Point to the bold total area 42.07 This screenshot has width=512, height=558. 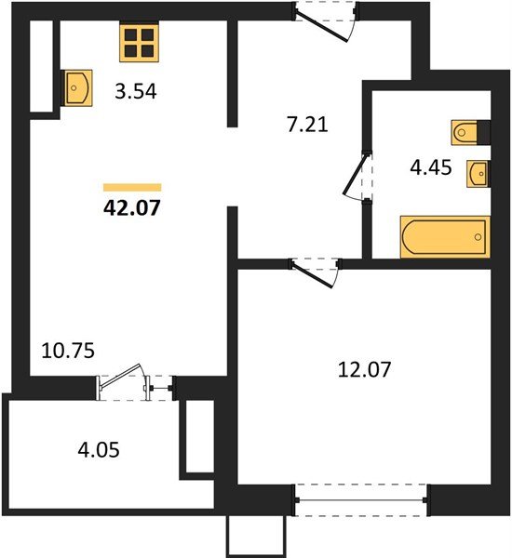click(132, 207)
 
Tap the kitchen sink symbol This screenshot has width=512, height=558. click(75, 88)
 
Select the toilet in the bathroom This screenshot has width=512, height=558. click(468, 133)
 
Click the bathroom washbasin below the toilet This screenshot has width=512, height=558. click(478, 173)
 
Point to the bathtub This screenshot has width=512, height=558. click(445, 237)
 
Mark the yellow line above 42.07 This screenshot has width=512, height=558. click(132, 187)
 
